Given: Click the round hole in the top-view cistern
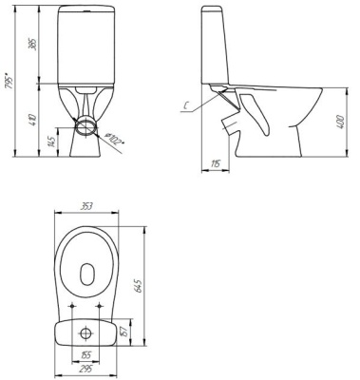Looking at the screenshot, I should pos(86,333).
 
